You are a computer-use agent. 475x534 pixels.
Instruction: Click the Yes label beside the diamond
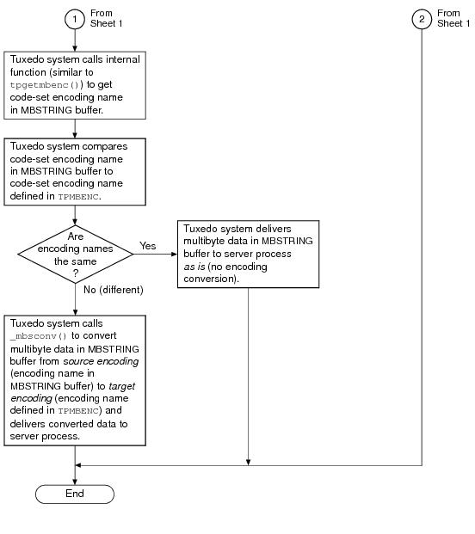coord(147,246)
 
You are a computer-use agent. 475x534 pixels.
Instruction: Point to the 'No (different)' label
coord(113,290)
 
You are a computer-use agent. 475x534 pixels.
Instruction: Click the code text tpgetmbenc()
coord(45,85)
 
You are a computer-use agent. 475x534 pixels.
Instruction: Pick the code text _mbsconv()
coord(39,336)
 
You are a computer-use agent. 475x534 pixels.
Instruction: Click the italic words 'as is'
coord(194,267)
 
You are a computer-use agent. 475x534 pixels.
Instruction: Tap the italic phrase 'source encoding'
coord(101,361)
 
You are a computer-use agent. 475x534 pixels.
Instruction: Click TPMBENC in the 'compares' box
coord(78,197)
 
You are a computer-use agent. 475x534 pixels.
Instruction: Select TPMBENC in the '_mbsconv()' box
coord(78,411)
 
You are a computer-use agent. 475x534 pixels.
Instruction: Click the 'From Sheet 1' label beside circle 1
coord(106,18)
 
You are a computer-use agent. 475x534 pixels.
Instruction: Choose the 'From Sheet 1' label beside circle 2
coord(453,18)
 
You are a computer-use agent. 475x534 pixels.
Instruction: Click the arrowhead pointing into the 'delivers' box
coord(174,254)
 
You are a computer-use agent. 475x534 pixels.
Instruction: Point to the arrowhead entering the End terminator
coord(75,482)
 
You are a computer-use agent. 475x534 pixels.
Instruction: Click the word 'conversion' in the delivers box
coord(207,279)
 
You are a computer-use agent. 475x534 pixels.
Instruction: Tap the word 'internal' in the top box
coord(123,59)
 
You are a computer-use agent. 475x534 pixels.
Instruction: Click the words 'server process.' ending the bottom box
coord(45,437)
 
